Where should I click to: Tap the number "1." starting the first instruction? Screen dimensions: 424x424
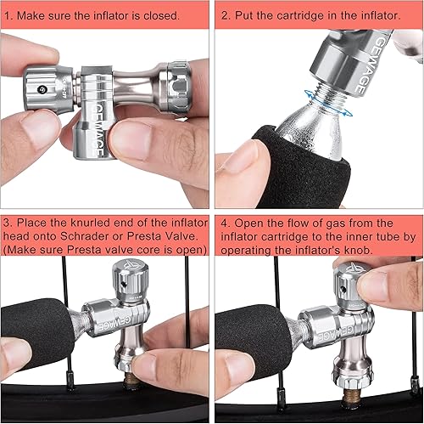coord(11,15)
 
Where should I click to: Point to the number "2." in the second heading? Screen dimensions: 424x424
coord(226,15)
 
